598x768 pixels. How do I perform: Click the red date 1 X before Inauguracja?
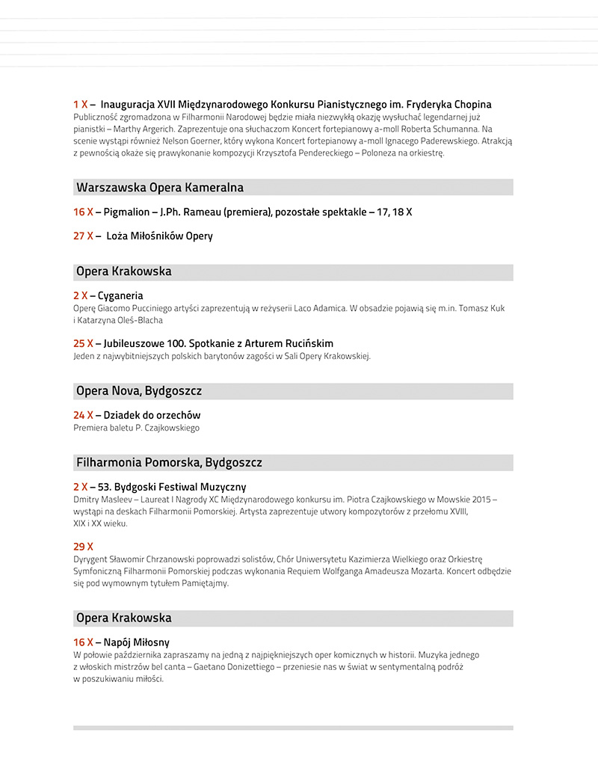[81, 105]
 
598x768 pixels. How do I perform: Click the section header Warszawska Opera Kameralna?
[160, 187]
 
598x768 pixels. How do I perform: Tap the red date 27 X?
[83, 236]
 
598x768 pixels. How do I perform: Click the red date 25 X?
[83, 343]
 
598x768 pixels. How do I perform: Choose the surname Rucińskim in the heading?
[305, 343]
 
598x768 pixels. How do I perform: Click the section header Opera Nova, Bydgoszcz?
[139, 391]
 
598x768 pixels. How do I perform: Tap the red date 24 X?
[83, 415]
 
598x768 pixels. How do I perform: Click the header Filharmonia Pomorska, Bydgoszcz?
[169, 462]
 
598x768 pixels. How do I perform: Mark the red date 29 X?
[83, 546]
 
